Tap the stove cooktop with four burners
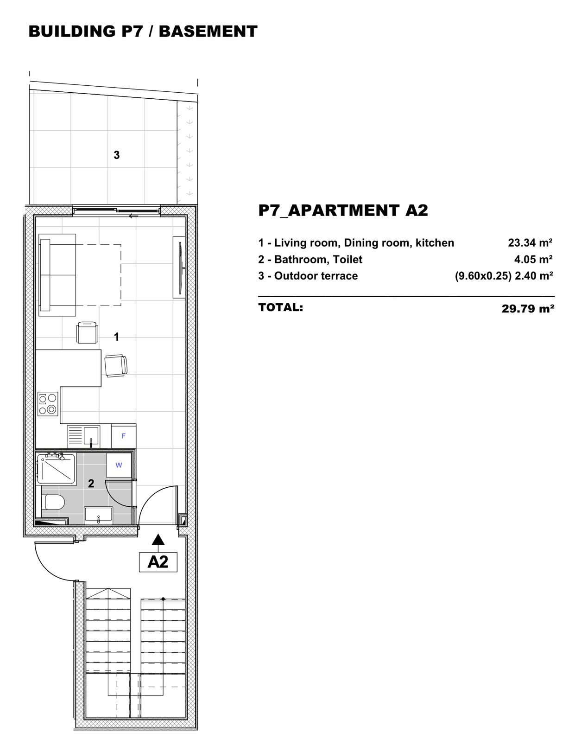click(48, 404)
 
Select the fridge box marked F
click(124, 436)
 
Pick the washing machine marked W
click(119, 465)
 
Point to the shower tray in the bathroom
click(56, 468)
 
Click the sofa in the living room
click(57, 275)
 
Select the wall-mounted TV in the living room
click(180, 267)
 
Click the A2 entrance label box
click(158, 562)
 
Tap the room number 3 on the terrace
click(117, 155)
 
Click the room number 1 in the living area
click(117, 337)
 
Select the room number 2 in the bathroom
click(91, 484)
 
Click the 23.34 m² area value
click(530, 242)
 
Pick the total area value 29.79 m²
click(528, 308)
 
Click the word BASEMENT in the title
click(208, 31)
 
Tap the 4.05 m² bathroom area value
click(533, 259)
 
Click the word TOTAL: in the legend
click(281, 307)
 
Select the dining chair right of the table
click(116, 366)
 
